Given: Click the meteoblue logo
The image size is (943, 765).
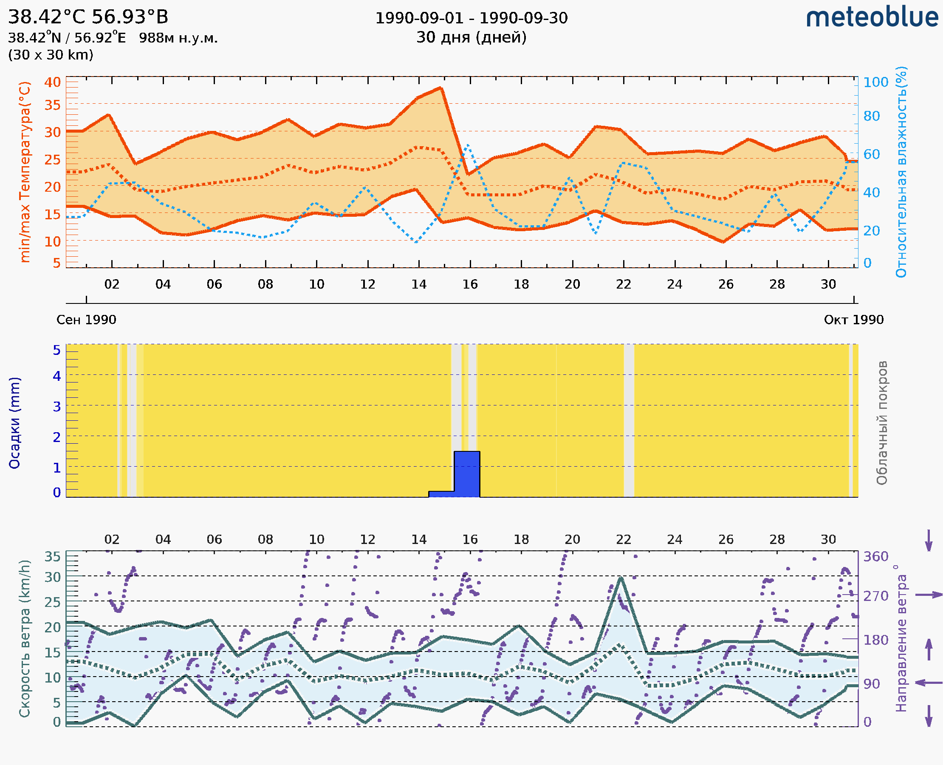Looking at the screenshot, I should [872, 17].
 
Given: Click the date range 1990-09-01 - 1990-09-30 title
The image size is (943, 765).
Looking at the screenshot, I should [471, 18].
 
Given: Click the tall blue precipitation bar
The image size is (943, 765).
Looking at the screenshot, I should [467, 474].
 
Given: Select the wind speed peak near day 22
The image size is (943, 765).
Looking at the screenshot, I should [621, 578].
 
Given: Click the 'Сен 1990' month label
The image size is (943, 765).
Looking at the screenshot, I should [86, 320].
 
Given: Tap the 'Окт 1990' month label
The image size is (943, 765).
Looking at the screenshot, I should [854, 320].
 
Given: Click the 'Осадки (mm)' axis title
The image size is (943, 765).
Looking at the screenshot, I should [14, 422].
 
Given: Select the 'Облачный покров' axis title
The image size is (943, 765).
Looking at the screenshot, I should [882, 422].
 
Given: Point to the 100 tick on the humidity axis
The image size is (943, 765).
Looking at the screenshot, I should [875, 82].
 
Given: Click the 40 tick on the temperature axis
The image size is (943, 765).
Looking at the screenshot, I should [52, 82].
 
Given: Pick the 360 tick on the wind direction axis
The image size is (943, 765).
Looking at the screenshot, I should [875, 557].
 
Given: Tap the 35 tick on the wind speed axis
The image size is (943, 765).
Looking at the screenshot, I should [52, 557].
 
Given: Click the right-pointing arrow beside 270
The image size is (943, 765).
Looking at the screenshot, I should [929, 595].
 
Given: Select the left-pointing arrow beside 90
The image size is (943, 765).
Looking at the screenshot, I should [929, 683].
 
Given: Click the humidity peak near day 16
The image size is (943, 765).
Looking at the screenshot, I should [467, 145].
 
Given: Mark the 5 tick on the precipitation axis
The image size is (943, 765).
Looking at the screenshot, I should [57, 350].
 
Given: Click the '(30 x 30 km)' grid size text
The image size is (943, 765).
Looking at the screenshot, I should [51, 55].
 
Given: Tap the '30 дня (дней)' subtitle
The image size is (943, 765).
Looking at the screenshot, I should [471, 37].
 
